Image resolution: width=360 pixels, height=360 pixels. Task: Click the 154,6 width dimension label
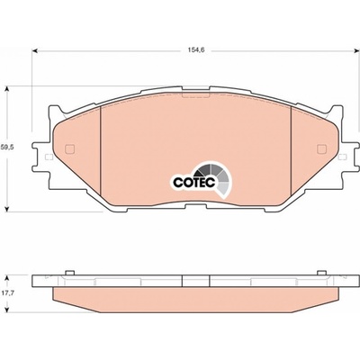(195, 50)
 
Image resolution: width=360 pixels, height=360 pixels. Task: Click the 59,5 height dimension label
(7, 148)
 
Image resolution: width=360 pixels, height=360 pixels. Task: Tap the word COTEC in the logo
(193, 182)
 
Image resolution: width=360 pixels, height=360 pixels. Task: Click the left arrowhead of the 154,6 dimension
(34, 51)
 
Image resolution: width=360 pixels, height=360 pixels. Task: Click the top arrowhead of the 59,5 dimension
(7, 89)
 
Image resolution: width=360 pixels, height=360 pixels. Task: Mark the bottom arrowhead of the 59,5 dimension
(7, 208)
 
